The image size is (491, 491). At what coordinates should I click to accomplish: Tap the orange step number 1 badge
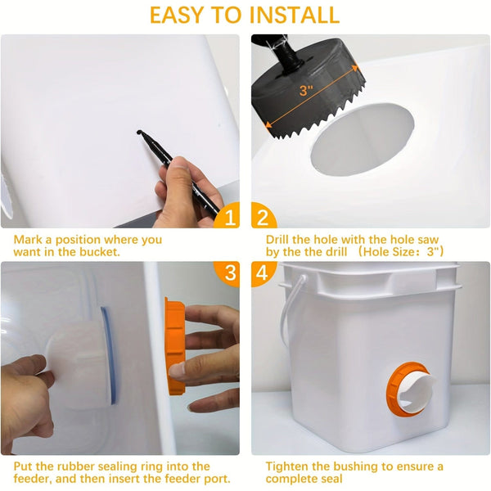[230, 216]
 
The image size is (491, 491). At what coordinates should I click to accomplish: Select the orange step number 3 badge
[229, 273]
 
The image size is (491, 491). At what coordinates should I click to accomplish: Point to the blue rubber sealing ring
[107, 356]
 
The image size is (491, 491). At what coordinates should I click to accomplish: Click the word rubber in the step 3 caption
[71, 466]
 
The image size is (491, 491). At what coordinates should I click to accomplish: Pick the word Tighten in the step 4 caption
[288, 466]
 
